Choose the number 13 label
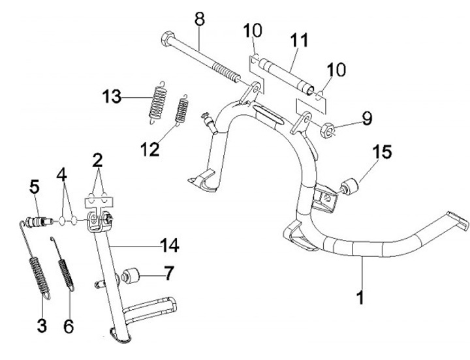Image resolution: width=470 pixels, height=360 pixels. point(111,97)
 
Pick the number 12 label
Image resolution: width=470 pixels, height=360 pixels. point(149,149)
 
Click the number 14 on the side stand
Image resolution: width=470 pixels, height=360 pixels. point(168,245)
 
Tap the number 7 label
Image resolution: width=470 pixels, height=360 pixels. point(168,273)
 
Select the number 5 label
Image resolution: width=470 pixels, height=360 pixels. point(35,188)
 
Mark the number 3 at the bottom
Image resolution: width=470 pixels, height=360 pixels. point(42,325)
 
